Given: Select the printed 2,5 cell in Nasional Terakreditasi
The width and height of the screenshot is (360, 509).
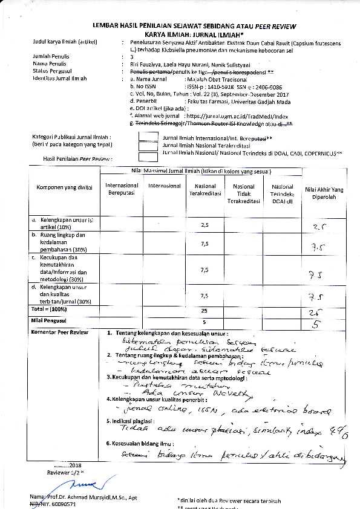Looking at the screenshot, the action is [205, 224].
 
